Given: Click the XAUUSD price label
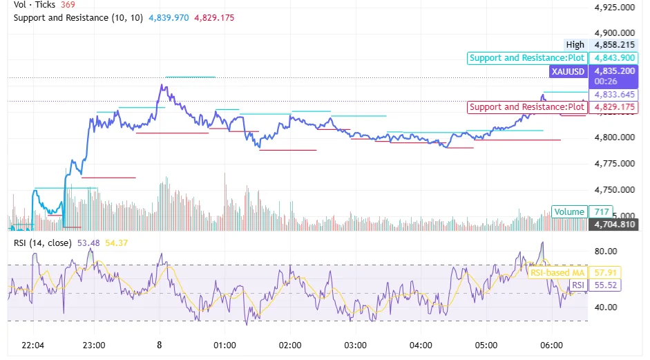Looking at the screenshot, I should [568, 71].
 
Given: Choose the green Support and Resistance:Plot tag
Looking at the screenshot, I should [527, 58].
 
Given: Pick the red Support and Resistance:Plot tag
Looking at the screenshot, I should [527, 107].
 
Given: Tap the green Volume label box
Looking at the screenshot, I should [569, 212].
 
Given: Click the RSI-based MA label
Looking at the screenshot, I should [557, 273].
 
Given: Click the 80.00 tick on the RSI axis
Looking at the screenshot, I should [605, 252].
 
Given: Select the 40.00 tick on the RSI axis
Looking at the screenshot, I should [605, 307].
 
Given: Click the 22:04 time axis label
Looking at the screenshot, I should [33, 345].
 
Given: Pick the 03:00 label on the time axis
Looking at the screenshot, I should [355, 345].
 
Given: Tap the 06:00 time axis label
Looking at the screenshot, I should [551, 345].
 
